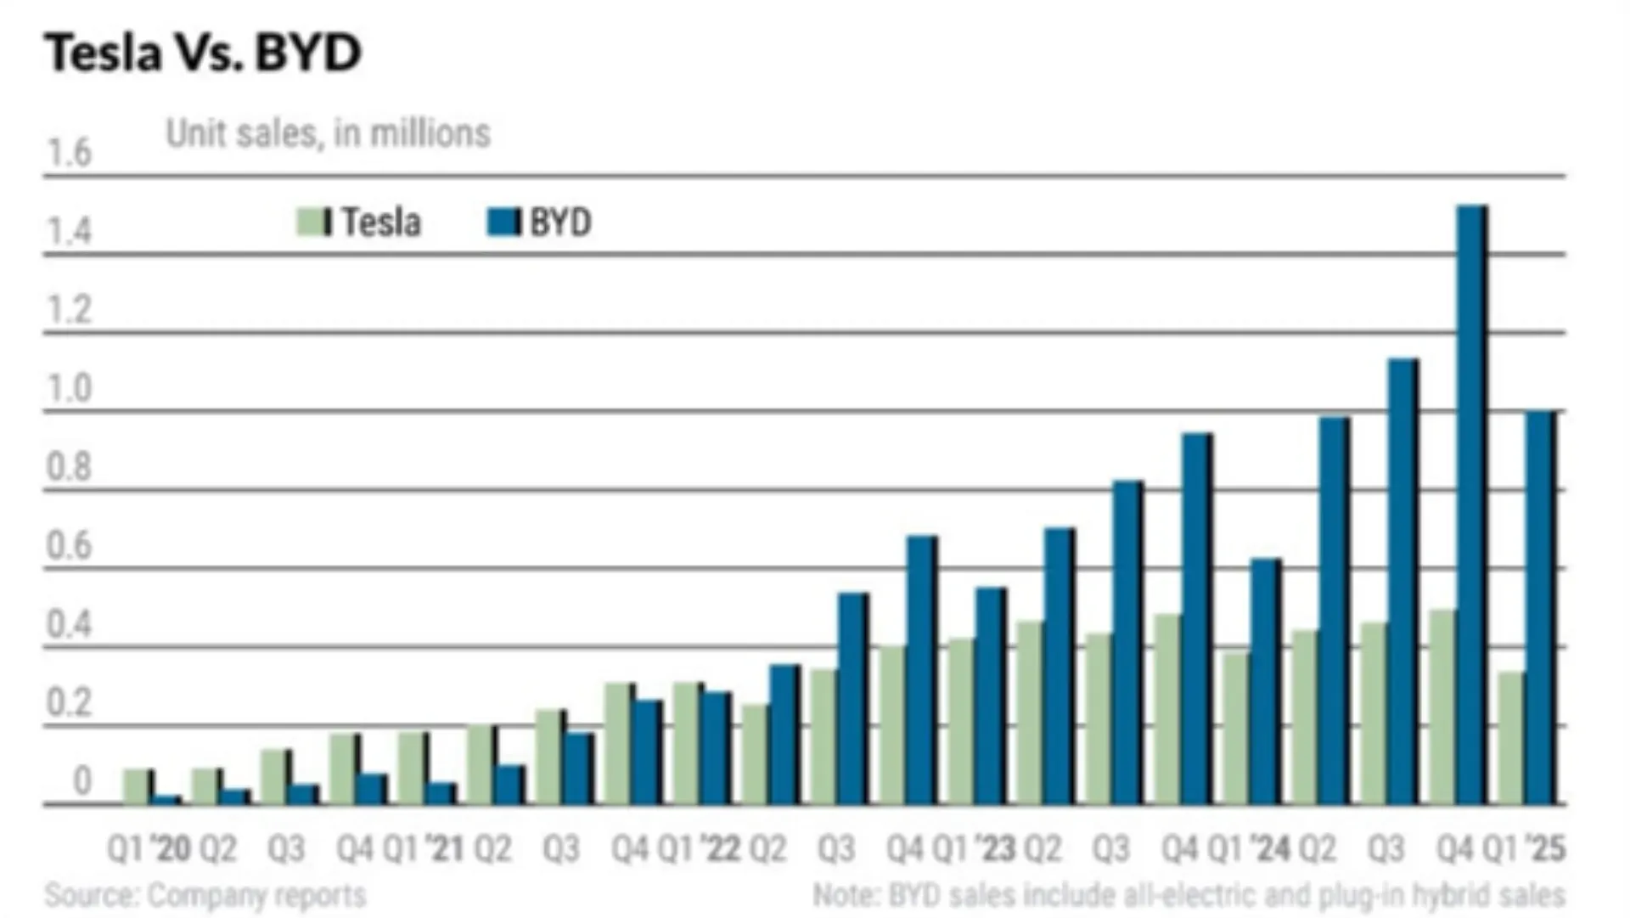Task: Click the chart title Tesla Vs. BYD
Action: coord(203,52)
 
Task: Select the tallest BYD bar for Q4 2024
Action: coord(1472,504)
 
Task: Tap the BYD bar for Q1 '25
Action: coord(1541,607)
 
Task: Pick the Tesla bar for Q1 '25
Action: coord(1512,738)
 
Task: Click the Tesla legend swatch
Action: coord(314,222)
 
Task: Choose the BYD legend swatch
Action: coord(503,222)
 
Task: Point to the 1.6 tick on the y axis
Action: coord(69,153)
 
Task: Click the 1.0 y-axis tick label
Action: coord(69,388)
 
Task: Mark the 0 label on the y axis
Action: coord(81,780)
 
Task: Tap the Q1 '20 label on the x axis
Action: coord(149,848)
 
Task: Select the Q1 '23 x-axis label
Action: coord(974,848)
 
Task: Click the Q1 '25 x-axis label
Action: coord(1524,848)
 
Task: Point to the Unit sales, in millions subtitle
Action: coord(329,133)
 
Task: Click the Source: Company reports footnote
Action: coord(205,895)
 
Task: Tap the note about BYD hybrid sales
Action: coord(1189,895)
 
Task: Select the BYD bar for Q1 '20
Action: coord(166,800)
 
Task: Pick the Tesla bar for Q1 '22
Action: coord(687,743)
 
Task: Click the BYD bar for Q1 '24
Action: coord(1266,681)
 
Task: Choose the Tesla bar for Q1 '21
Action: coord(412,768)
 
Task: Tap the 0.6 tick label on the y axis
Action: coord(69,545)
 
